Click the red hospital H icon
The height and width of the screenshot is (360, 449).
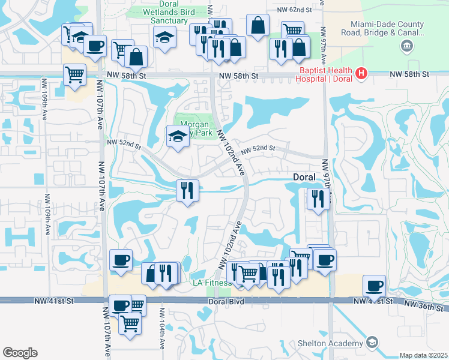361,74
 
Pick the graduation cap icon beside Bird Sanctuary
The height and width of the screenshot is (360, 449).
164,37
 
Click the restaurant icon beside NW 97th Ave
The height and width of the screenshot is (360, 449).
316,199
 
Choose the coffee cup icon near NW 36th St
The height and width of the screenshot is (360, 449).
374,286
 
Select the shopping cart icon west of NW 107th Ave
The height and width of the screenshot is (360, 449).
74,76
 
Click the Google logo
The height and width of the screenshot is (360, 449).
20,353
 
